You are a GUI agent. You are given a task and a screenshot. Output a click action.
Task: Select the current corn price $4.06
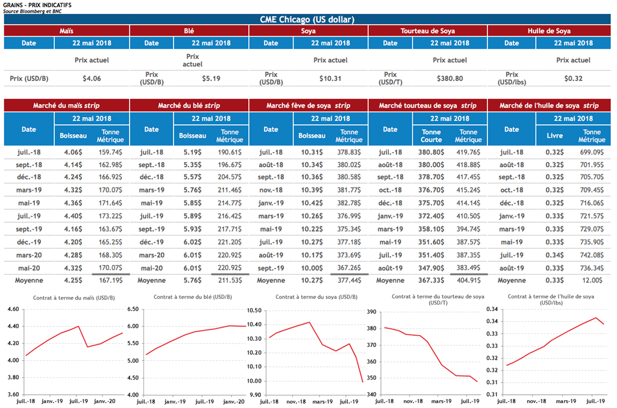tap(92, 78)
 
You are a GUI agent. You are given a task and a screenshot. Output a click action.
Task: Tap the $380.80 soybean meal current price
tap(449, 78)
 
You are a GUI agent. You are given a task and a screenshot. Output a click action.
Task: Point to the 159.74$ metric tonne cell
tap(110, 153)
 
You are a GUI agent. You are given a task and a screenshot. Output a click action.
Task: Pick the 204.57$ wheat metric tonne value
tap(229, 176)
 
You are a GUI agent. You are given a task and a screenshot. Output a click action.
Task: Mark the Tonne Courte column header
tap(431, 136)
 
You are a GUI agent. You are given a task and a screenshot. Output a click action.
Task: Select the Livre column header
tap(554, 136)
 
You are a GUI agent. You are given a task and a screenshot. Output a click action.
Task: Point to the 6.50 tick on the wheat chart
tap(132, 309)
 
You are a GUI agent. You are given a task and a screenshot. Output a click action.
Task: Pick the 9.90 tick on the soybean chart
tap(253, 395)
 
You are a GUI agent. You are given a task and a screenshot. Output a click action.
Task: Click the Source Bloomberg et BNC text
tap(27, 11)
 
